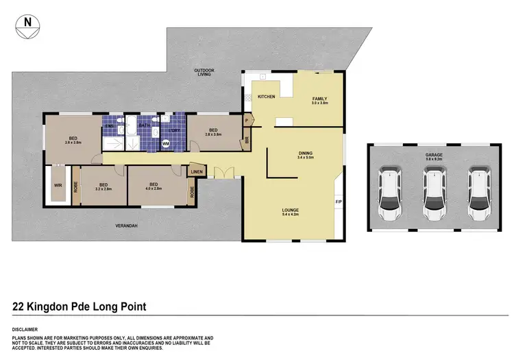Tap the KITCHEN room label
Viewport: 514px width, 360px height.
tap(266, 97)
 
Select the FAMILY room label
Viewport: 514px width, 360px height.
tap(320, 99)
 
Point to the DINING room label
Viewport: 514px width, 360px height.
tap(305, 153)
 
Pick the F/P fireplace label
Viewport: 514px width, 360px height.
tap(338, 202)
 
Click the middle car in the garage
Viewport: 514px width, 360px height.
tap(434, 195)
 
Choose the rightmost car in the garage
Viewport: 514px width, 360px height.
tap(478, 195)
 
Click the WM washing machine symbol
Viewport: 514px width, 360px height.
tap(166, 143)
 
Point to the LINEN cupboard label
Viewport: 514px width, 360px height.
tap(197, 171)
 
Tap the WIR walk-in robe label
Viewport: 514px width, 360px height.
tap(57, 184)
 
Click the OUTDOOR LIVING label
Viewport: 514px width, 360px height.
tap(204, 73)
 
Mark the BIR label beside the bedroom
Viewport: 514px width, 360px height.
tap(247, 141)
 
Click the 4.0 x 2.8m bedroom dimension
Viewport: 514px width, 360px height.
tap(154, 188)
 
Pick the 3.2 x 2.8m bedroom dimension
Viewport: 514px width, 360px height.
tap(103, 188)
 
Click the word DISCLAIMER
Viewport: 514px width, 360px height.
tap(25, 329)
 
